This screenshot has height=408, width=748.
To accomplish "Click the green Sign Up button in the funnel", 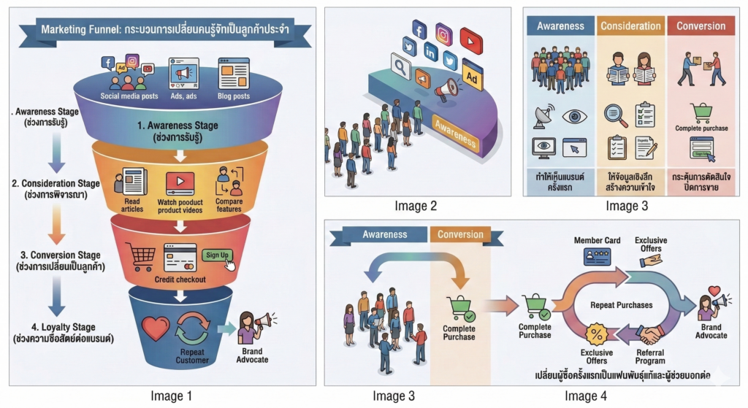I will tap(217, 255).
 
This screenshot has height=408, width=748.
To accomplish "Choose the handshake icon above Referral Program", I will tap(649, 334).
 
